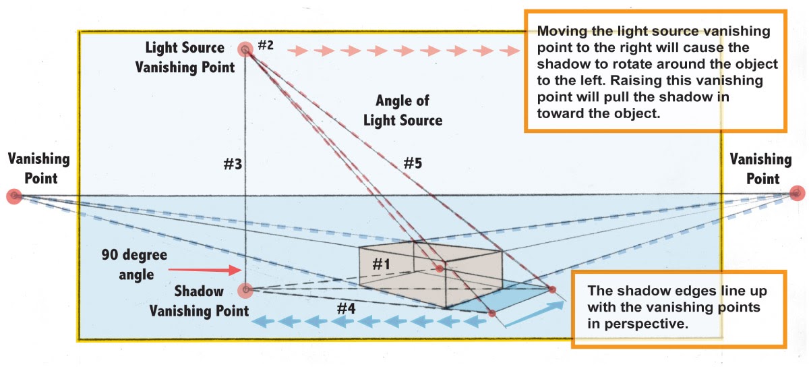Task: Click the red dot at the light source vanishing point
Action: [245, 49]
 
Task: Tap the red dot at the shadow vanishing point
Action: [245, 290]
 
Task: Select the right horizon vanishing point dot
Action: [797, 194]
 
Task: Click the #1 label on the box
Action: [382, 264]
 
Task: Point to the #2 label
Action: [266, 46]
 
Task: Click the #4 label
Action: [346, 308]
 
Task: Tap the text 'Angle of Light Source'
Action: [403, 111]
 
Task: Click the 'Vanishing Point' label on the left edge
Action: [38, 169]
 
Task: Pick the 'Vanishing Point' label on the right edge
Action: [760, 169]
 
